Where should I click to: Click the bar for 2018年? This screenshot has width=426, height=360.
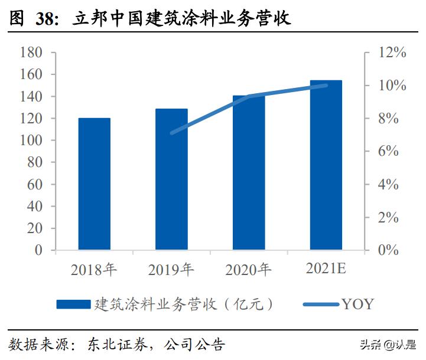click(95, 184)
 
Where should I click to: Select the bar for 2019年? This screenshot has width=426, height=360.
click(171, 179)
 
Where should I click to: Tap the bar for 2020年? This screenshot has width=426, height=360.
click(249, 172)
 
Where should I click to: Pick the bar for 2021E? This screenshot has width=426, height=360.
click(326, 165)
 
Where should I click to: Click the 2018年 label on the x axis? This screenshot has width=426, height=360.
click(95, 270)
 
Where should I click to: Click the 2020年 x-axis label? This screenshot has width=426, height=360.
click(249, 270)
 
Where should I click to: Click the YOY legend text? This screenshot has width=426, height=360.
click(357, 305)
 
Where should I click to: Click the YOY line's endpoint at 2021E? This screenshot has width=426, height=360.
click(326, 86)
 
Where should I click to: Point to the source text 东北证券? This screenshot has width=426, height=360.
click(111, 344)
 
